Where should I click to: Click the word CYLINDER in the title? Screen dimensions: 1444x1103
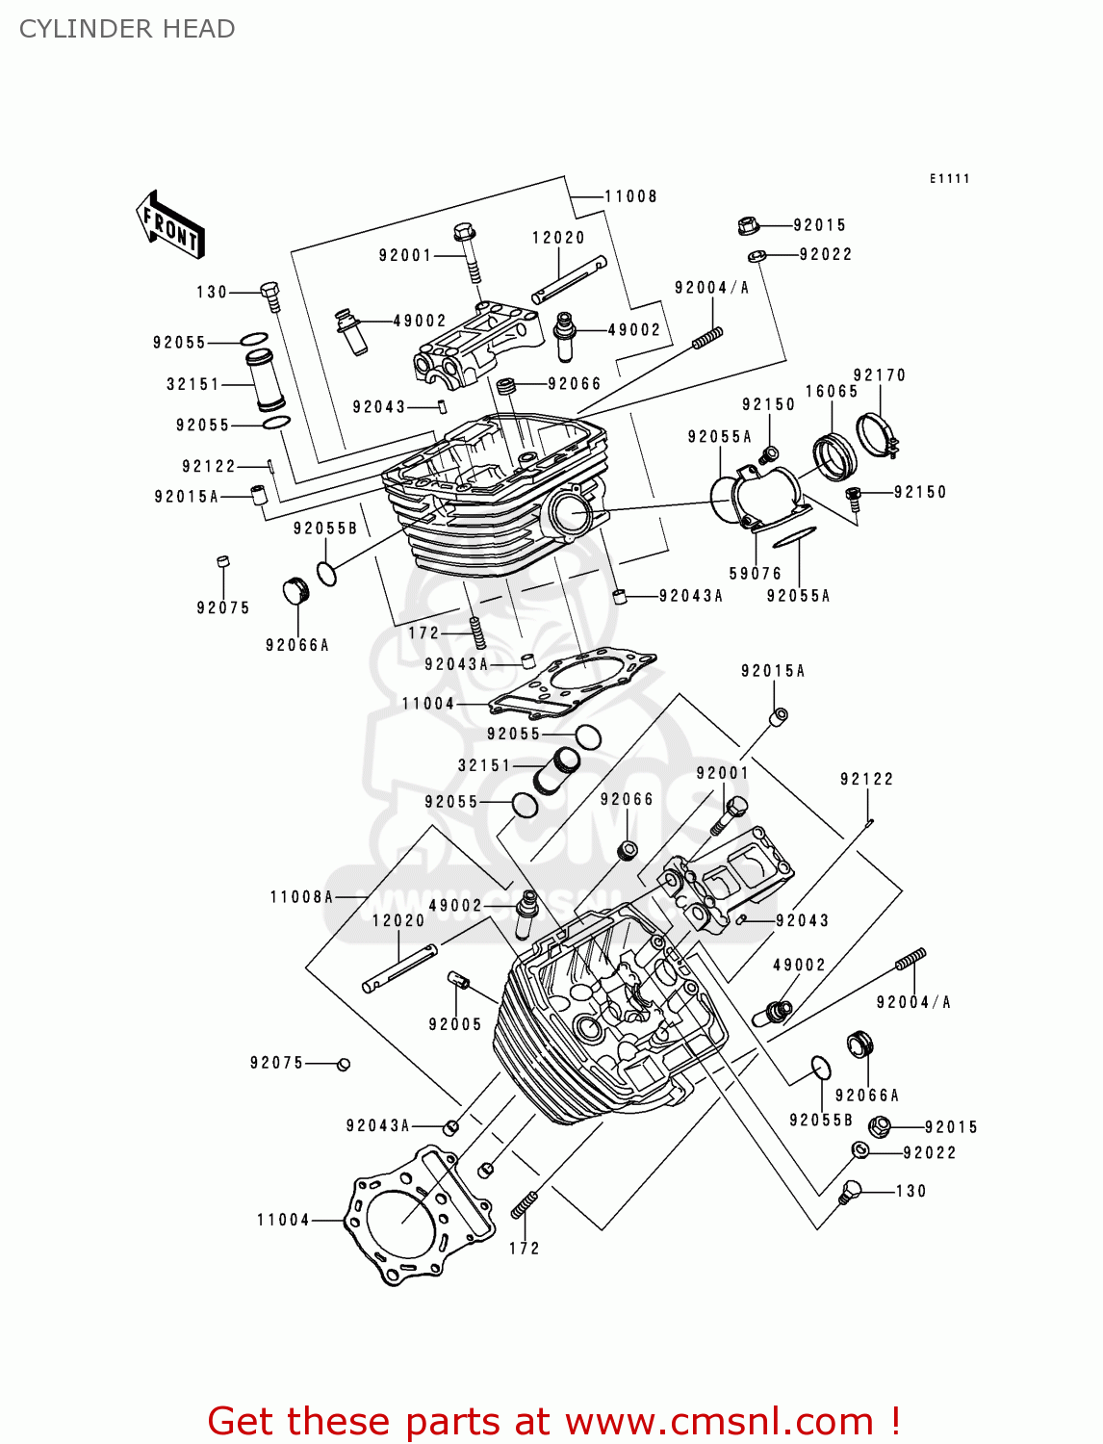(x=73, y=29)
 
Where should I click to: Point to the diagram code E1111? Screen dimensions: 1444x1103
(x=949, y=178)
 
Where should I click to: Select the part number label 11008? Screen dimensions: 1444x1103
(x=630, y=196)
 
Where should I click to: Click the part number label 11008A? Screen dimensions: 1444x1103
(x=301, y=897)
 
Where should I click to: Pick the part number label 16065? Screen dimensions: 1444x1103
(x=832, y=391)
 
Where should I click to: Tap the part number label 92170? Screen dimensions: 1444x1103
(x=880, y=374)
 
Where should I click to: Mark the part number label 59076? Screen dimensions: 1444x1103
(x=756, y=574)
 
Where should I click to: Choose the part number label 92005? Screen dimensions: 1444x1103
(x=455, y=1024)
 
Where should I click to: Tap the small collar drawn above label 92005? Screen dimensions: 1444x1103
(x=459, y=981)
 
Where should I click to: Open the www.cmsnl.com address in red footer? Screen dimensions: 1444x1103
(x=719, y=1422)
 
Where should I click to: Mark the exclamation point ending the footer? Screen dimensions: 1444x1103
(x=894, y=1422)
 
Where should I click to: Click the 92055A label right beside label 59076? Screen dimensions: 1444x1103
(x=798, y=596)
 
